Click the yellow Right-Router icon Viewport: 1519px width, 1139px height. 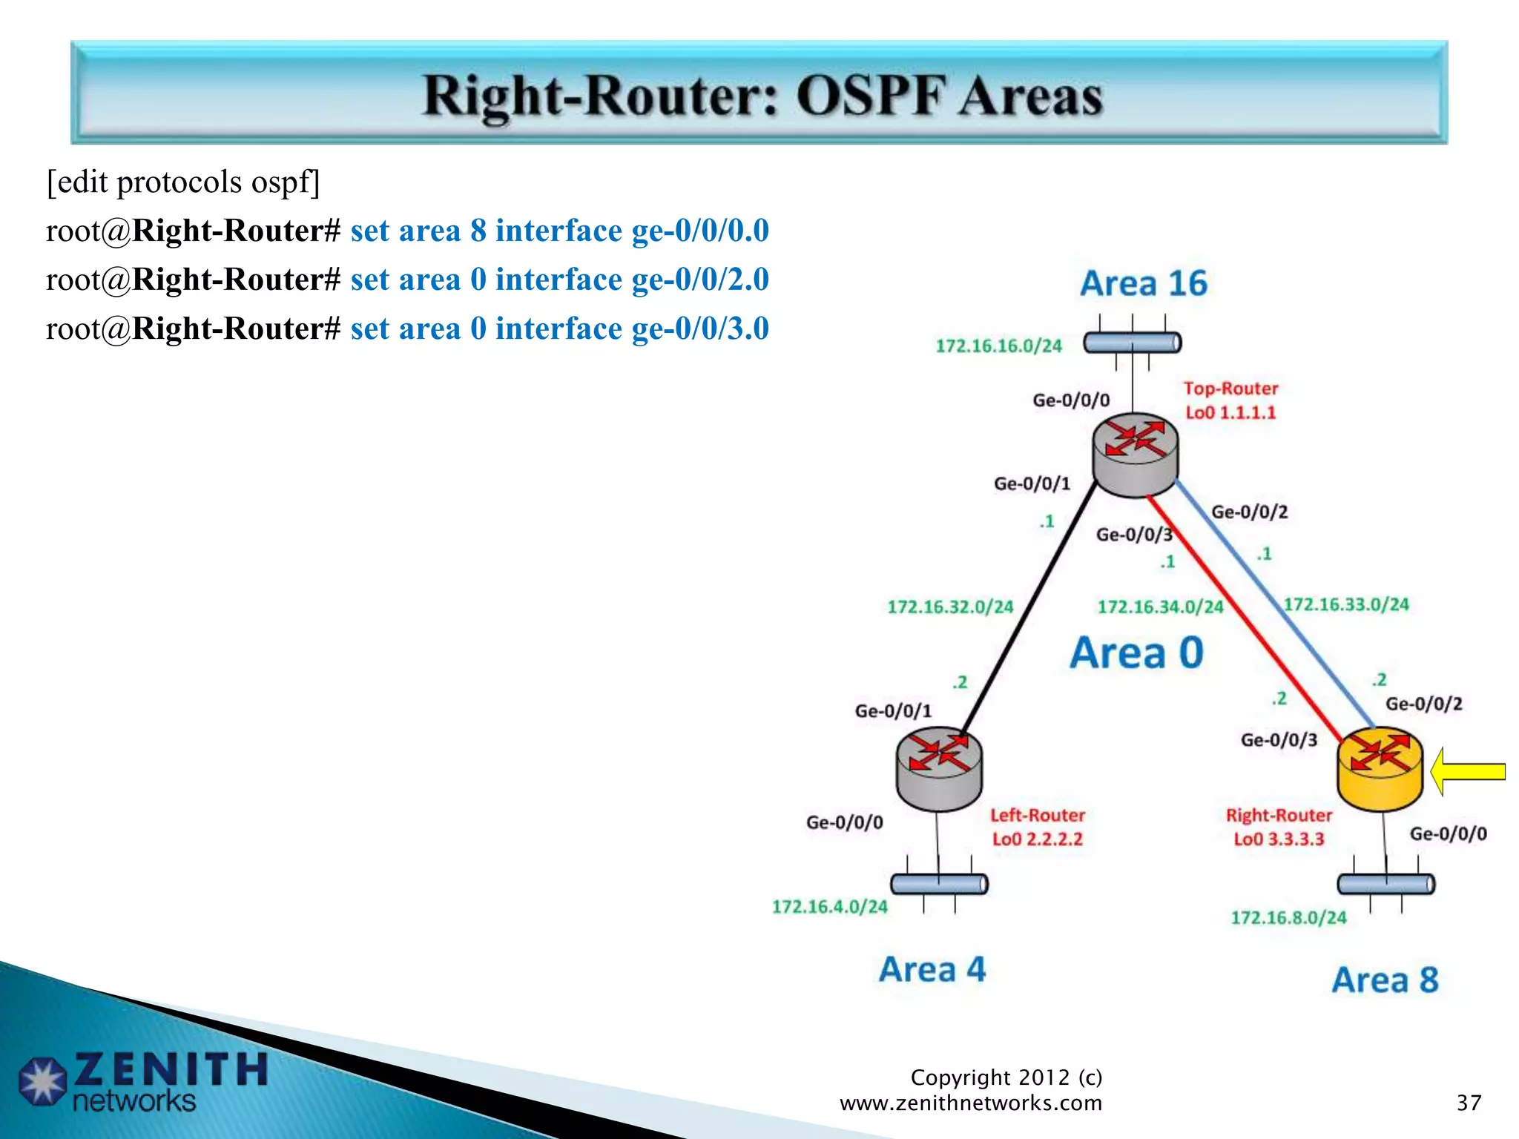coord(1380,768)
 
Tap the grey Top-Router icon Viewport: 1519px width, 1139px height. coord(1135,454)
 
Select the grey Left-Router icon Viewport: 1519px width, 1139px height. coord(939,768)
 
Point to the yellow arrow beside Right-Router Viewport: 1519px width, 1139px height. coord(1466,772)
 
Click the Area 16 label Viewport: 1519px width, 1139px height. coord(1144,284)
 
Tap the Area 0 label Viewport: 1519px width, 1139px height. coord(1136,653)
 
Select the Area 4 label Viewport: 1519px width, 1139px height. coord(932,970)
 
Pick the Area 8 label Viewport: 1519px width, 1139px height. coord(1385,980)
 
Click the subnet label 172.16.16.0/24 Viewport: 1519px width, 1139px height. coord(998,346)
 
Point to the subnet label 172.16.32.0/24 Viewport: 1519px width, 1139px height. coord(950,607)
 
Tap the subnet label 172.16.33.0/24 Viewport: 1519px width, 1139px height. coord(1346,604)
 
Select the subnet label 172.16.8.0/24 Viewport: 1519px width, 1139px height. coord(1288,918)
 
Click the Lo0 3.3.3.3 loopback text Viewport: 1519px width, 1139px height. coord(1279,839)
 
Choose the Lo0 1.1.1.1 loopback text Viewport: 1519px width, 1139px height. coord(1230,413)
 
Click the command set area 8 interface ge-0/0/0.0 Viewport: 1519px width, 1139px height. coord(559,231)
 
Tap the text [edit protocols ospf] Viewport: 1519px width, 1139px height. coord(183,182)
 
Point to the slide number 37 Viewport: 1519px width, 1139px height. coord(1469,1103)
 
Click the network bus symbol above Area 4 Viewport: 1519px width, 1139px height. coord(939,884)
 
